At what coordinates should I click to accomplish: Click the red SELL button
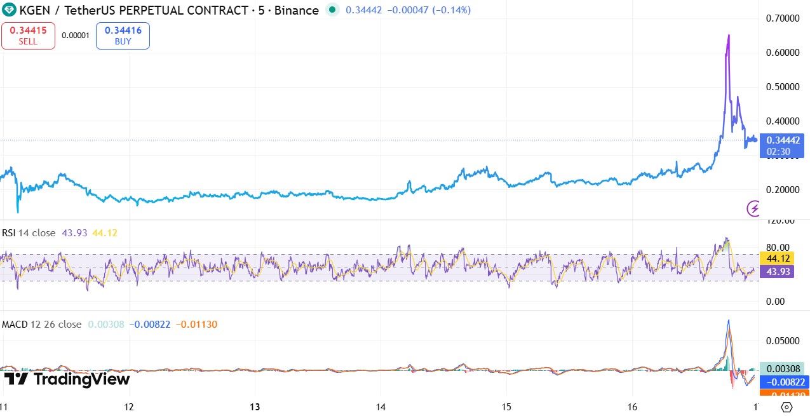28,36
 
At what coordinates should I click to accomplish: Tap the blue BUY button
123,36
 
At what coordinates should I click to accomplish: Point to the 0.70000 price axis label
782,18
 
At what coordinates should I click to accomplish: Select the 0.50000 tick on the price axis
782,86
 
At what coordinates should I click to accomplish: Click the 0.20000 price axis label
782,190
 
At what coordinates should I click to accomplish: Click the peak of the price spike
728,36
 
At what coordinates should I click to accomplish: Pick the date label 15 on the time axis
506,406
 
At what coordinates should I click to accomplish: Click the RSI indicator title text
29,233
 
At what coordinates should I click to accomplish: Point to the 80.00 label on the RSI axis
778,247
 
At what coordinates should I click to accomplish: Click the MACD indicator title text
41,325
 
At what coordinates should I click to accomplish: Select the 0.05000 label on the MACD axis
782,340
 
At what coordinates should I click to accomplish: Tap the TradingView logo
67,379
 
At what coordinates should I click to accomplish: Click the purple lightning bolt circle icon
754,208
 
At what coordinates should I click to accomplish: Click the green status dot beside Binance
332,10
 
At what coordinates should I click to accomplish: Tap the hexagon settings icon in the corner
786,407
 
